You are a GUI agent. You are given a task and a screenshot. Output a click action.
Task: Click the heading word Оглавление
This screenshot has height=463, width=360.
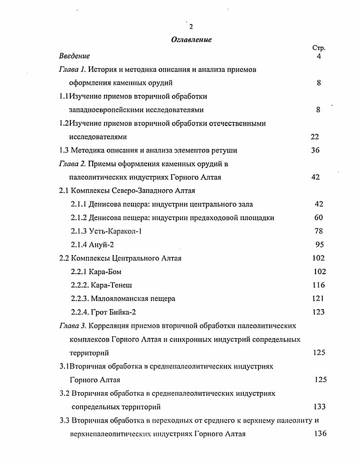coord(191,40)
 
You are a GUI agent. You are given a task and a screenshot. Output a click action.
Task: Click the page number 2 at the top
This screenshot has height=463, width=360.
coord(191,26)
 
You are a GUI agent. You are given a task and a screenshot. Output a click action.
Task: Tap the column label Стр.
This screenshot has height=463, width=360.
coord(319,48)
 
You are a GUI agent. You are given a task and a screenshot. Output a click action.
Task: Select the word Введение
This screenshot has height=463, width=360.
coord(74,56)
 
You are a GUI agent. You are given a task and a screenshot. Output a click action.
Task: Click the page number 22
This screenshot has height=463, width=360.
coord(315,137)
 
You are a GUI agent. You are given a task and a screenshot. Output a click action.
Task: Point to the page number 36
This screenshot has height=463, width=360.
coord(316,150)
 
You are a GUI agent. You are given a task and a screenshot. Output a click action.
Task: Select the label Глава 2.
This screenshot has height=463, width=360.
coord(73,164)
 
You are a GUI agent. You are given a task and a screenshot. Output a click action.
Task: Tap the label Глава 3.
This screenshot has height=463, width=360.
coord(73,325)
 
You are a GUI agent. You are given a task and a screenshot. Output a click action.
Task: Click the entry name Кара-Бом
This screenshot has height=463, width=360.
coord(106,272)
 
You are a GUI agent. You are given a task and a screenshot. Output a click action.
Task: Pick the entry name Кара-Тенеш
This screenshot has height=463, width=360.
coord(111,285)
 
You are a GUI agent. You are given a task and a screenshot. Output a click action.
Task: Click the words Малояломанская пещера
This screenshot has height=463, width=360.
coord(133,299)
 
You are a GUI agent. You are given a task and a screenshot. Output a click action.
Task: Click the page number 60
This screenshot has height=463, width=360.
coord(319,218)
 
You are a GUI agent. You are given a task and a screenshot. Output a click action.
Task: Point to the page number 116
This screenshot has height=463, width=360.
coord(319,285)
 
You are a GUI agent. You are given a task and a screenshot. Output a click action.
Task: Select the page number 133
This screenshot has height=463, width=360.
coord(320,407)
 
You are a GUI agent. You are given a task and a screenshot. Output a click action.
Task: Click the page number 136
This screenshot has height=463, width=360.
coord(320,433)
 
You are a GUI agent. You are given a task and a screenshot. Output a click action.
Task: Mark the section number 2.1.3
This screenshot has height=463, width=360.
coord(79,231)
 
